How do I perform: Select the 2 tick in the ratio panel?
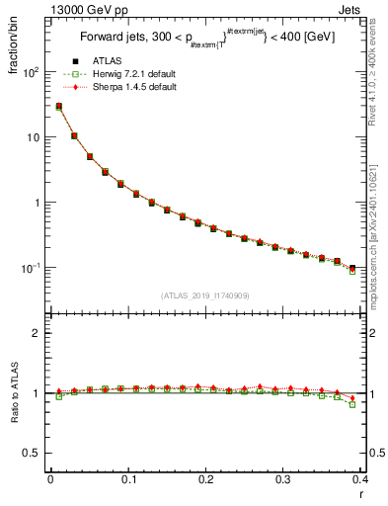[38, 333]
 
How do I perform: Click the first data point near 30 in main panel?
[59, 107]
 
